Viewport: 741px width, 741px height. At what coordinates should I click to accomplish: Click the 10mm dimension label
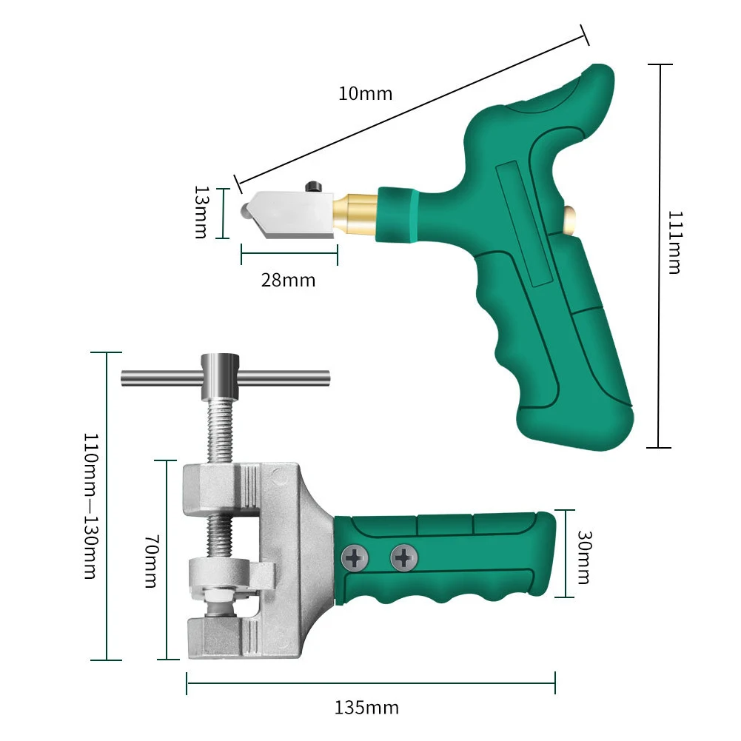[x=365, y=94]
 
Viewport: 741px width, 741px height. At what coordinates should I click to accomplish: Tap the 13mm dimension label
[x=201, y=212]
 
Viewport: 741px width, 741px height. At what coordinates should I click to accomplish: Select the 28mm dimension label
[x=288, y=280]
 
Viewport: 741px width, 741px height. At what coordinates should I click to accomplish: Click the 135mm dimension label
[x=367, y=708]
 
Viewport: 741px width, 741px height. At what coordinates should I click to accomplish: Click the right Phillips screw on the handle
[x=403, y=557]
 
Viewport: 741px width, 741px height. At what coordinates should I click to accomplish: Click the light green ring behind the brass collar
[x=398, y=214]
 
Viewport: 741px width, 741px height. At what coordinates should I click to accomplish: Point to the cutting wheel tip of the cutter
[x=244, y=211]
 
